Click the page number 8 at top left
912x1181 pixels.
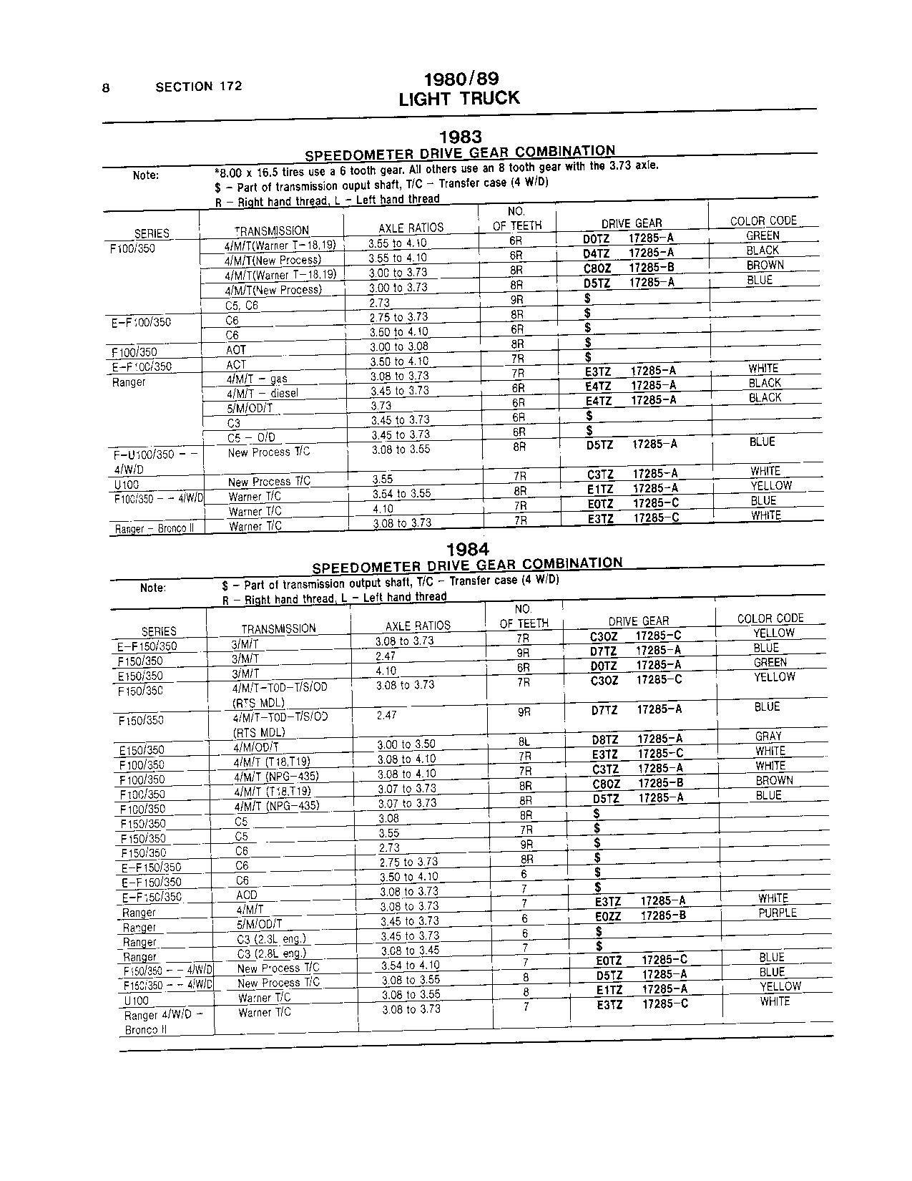pyautogui.click(x=106, y=88)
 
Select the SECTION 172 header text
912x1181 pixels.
pyautogui.click(x=198, y=87)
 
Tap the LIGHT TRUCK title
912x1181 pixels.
pyautogui.click(x=459, y=98)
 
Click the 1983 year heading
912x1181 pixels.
pyautogui.click(x=460, y=136)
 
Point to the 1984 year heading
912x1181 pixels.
pyautogui.click(x=468, y=549)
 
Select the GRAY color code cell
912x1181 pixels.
pyautogui.click(x=768, y=736)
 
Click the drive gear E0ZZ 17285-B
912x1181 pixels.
pyautogui.click(x=640, y=915)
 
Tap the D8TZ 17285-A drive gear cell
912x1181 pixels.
pyautogui.click(x=637, y=739)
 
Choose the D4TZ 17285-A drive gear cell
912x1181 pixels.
pyautogui.click(x=629, y=253)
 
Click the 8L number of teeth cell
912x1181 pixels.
pyautogui.click(x=524, y=742)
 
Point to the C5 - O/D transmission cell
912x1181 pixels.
pyautogui.click(x=251, y=437)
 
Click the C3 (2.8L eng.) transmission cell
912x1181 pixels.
pyautogui.click(x=271, y=953)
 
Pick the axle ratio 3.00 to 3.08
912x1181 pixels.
pyautogui.click(x=399, y=346)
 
